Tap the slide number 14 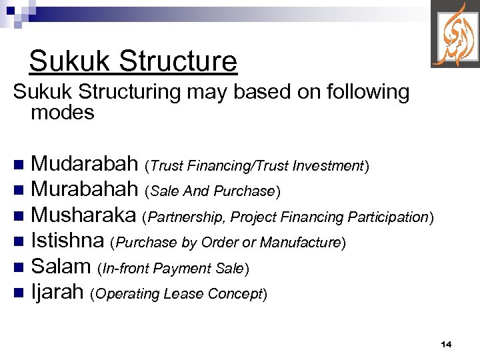(446, 344)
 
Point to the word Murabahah (85, 189)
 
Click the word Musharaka (84, 215)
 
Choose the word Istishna (68, 241)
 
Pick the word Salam (61, 267)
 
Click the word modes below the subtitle (63, 113)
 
